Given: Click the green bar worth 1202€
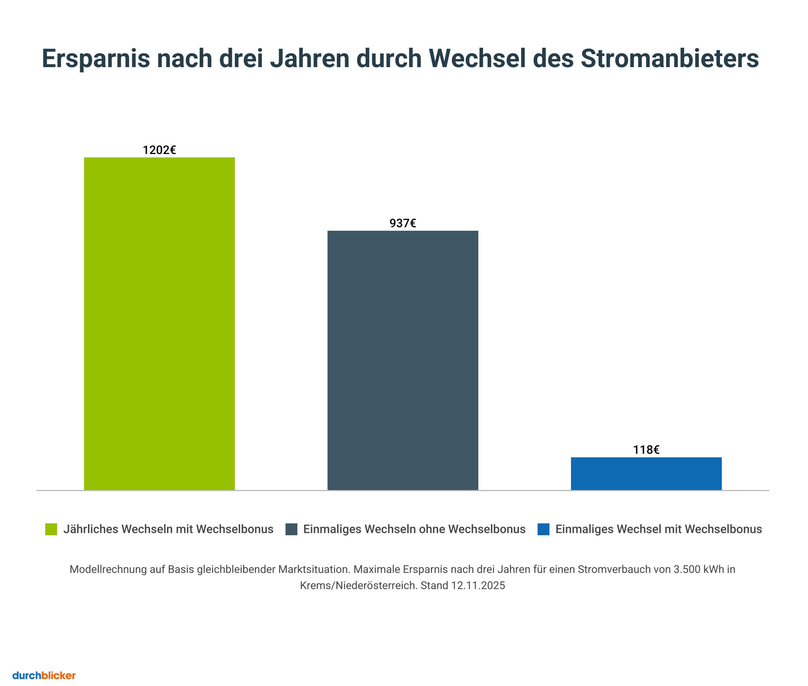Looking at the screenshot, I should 159,323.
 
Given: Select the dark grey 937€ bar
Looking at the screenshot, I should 403,360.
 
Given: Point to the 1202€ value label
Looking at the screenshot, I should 159,150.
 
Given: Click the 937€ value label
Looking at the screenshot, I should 403,223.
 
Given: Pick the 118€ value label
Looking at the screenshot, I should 646,450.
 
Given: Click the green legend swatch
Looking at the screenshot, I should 51,529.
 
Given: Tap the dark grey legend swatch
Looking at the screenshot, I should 291,529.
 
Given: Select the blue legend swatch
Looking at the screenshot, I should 543,529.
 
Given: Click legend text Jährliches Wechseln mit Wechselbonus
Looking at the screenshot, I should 168,529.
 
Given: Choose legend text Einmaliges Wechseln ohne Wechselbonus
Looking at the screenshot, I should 414,529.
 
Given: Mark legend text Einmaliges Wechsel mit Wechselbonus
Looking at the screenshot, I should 658,529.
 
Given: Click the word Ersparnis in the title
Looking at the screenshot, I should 96,59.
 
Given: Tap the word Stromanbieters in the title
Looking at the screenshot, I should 669,59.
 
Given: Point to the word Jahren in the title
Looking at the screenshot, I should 310,59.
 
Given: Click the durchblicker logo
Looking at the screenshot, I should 44,676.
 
